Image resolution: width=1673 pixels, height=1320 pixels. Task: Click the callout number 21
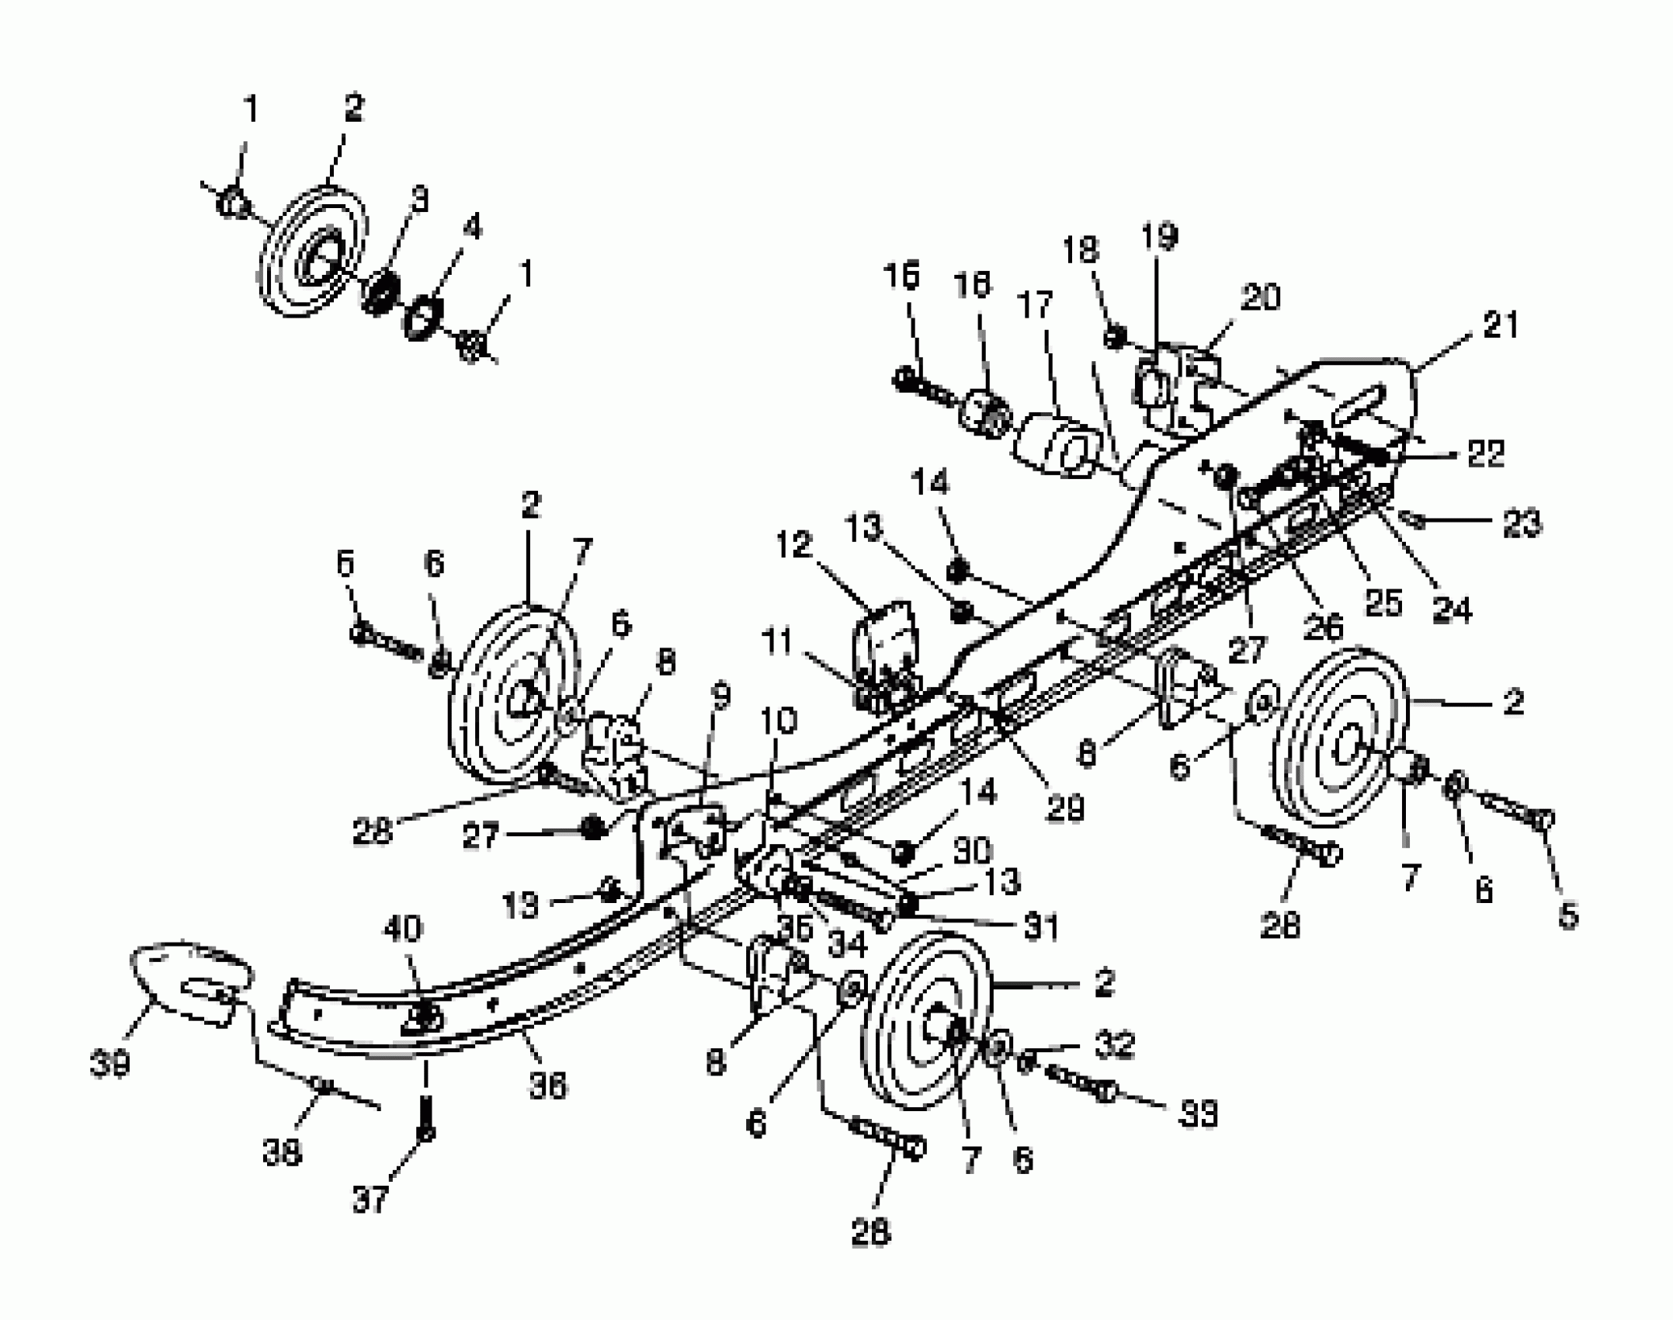coord(1500,325)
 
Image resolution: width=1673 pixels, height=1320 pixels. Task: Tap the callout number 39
coord(109,1064)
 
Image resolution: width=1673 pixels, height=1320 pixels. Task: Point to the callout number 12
coord(792,545)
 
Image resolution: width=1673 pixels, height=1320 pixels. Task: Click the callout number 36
coord(548,1085)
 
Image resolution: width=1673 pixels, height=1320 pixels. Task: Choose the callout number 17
coord(1034,305)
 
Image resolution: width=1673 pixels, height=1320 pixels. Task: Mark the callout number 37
coord(370,1200)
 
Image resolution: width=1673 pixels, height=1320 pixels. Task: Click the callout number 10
coord(779,721)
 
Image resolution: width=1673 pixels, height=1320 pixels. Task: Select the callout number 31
coord(1040,926)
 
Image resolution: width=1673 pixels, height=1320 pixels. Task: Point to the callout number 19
coord(1160,236)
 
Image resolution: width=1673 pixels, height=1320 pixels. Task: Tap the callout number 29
coord(1064,809)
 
